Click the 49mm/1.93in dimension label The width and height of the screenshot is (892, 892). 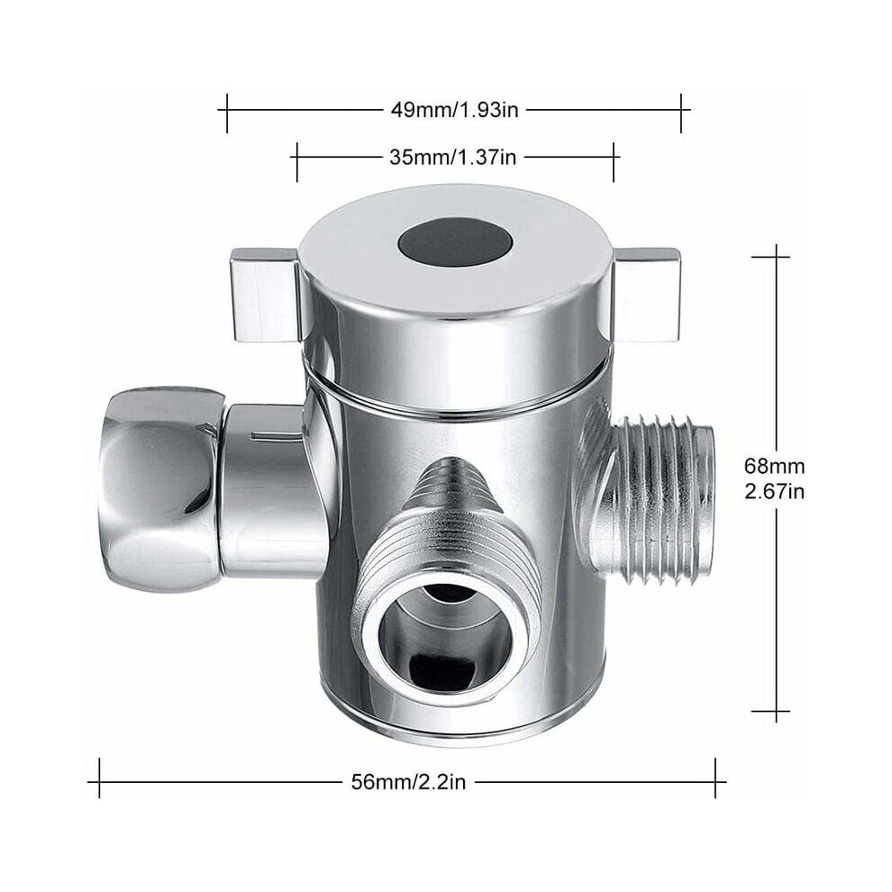coord(454,109)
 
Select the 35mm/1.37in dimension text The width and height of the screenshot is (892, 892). coord(453,157)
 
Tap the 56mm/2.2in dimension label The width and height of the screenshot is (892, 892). coord(408,782)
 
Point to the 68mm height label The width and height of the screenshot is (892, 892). coord(775,466)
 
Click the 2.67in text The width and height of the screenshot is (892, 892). coord(775,491)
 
